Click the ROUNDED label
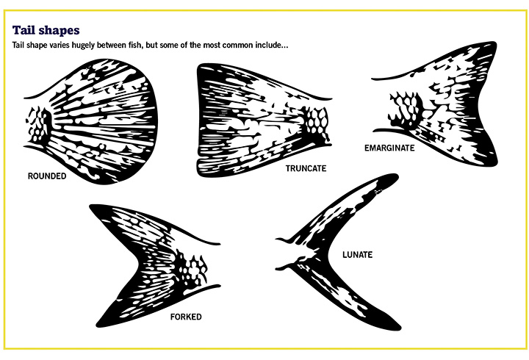pyautogui.click(x=47, y=176)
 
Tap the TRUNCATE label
pyautogui.click(x=306, y=168)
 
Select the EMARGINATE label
pyautogui.click(x=389, y=148)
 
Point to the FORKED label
pyautogui.click(x=186, y=317)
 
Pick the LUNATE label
pyautogui.click(x=357, y=255)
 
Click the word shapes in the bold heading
pyautogui.click(x=58, y=31)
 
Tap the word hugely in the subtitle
pyautogui.click(x=83, y=46)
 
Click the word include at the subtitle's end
pyautogui.click(x=272, y=46)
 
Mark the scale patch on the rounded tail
pyautogui.click(x=37, y=124)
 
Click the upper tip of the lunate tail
pyautogui.click(x=395, y=176)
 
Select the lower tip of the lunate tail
pyautogui.click(x=397, y=327)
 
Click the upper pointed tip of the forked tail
pyautogui.click(x=92, y=206)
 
